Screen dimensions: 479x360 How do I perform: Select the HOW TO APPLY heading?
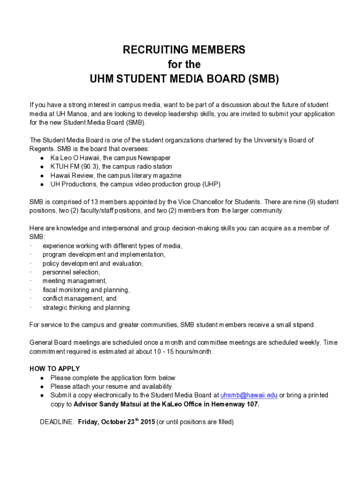(55, 369)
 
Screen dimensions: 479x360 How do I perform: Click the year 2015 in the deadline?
(147, 422)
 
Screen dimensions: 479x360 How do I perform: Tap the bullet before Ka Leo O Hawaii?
(42, 158)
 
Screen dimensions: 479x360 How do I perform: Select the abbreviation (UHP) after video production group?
(211, 184)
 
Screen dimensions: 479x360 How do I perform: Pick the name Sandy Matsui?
(117, 404)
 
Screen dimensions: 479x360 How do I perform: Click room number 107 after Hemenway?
(252, 404)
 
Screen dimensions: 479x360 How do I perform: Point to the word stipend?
(304, 325)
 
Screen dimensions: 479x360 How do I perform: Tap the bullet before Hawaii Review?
(42, 176)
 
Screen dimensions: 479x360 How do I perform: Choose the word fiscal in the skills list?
(51, 290)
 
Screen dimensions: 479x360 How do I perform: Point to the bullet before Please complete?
(42, 378)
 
